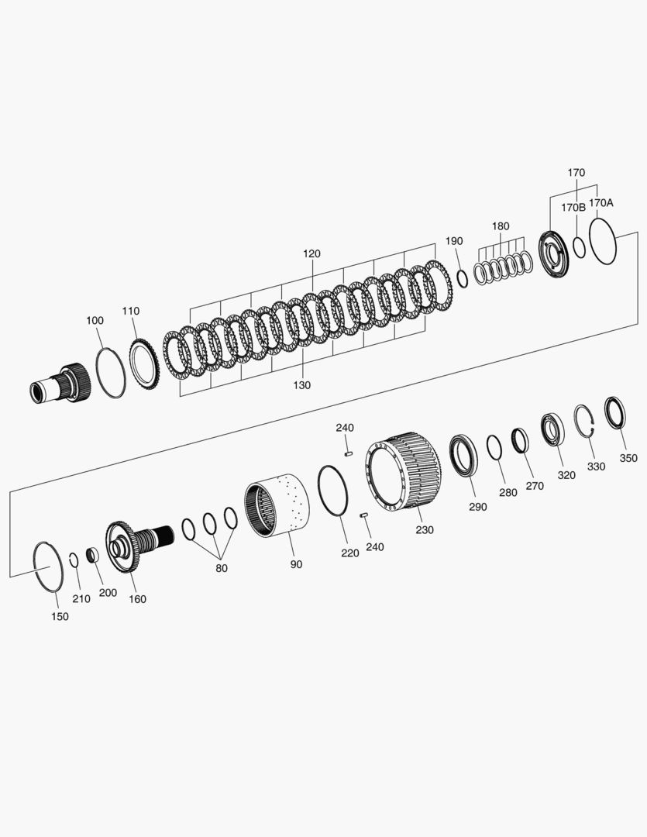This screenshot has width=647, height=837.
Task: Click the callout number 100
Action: click(95, 320)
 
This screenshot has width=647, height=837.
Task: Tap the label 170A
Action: click(601, 202)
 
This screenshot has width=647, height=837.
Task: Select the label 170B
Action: click(573, 207)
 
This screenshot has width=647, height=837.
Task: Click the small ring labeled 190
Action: click(463, 278)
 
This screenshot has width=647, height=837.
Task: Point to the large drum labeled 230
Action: click(403, 474)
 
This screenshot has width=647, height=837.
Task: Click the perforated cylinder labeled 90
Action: click(278, 508)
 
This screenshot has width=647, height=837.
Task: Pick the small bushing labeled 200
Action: click(92, 556)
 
